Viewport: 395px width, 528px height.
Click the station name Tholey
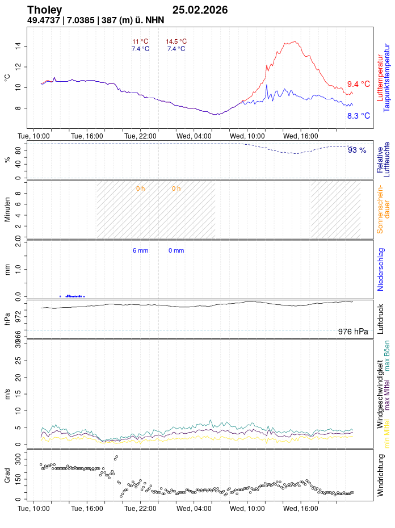45,10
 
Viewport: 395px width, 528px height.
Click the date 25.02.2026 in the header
200,10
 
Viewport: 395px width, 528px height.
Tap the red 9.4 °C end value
358,84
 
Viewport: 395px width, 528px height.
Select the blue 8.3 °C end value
358,116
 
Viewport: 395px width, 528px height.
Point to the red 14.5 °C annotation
176,41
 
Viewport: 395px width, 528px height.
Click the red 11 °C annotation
140,41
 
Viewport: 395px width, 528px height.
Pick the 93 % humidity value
357,150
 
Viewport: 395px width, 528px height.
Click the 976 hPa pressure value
353,332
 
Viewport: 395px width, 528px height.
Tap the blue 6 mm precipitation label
140,250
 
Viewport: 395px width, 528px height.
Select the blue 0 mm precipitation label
176,250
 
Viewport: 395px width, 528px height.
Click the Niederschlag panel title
381,269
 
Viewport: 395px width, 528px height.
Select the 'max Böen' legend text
388,356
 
